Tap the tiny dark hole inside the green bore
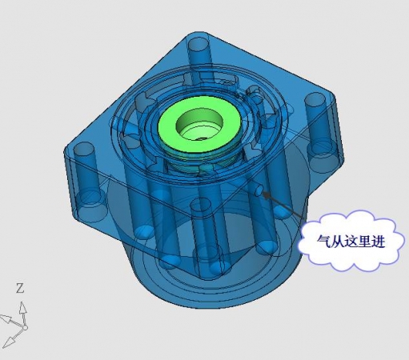[202, 138]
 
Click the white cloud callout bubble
[351, 241]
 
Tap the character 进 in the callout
[378, 242]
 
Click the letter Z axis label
[20, 288]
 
